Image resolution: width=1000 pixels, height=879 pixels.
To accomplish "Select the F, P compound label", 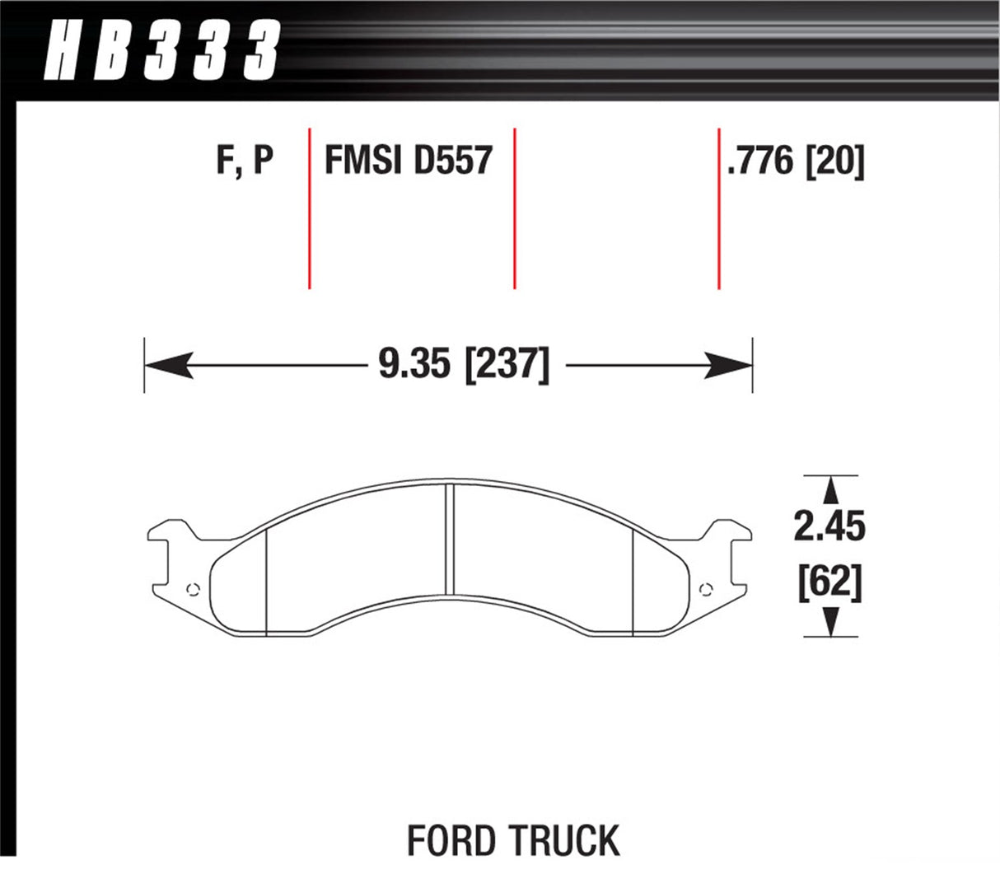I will (245, 160).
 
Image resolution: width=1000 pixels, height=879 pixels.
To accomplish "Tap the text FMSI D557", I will (409, 160).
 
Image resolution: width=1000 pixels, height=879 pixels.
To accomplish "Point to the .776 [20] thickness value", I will (795, 160).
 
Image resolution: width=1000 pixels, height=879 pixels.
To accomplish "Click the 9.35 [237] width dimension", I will (463, 365).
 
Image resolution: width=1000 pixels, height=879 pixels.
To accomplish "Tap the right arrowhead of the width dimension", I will (730, 365).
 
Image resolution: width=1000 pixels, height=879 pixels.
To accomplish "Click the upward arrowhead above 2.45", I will (830, 490).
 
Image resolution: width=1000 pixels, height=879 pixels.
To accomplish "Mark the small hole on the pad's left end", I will (194, 588).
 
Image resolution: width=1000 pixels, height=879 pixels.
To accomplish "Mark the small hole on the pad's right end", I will (703, 588).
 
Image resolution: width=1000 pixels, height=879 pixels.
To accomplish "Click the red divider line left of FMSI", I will (309, 208).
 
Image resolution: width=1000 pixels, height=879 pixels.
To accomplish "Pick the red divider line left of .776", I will (718, 208).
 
